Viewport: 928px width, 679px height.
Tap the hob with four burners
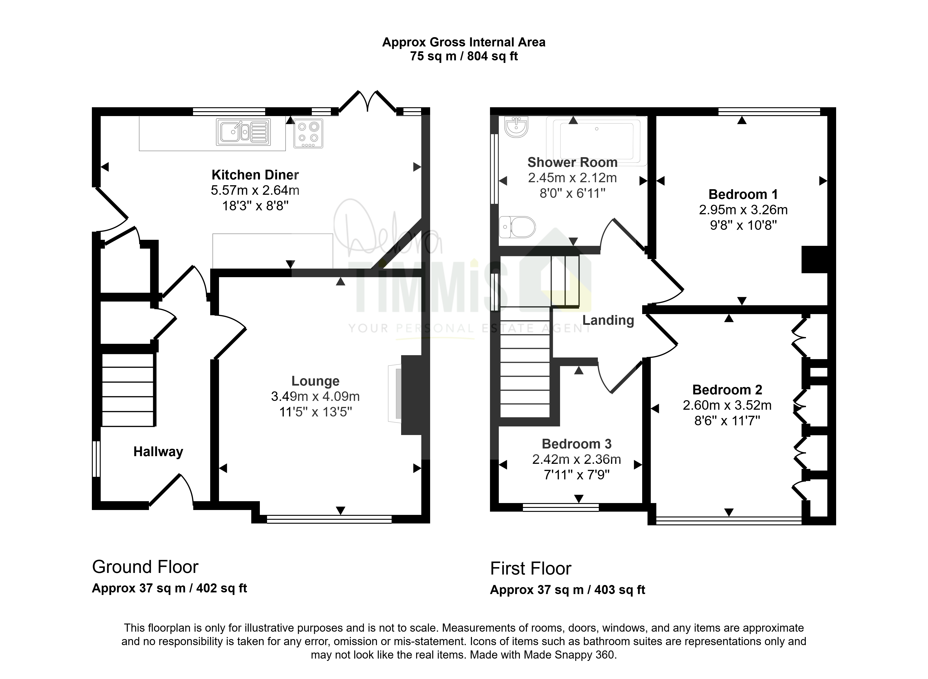click(x=308, y=133)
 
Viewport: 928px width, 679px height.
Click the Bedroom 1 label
click(x=743, y=194)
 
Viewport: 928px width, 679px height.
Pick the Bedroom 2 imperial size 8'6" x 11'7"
click(x=727, y=420)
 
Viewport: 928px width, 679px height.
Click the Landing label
click(x=608, y=320)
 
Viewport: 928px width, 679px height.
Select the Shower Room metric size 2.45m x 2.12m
click(x=572, y=178)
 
